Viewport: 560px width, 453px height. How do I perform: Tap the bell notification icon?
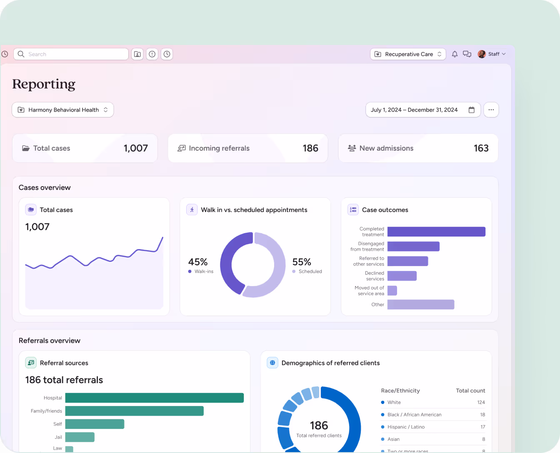[455, 54]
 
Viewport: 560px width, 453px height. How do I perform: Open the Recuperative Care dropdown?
[408, 54]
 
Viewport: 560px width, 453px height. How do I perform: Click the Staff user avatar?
[482, 54]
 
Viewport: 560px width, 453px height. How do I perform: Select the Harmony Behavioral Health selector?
[63, 110]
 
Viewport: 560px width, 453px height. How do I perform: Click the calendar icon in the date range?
[472, 110]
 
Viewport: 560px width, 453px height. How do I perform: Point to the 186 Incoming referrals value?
[310, 148]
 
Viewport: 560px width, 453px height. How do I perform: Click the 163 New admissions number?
[481, 148]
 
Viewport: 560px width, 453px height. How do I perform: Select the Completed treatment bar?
[436, 231]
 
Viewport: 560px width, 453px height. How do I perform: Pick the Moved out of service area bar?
[392, 291]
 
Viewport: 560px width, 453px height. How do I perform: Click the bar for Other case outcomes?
[421, 304]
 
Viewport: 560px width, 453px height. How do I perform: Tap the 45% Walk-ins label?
[198, 262]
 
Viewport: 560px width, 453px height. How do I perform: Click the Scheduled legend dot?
[294, 271]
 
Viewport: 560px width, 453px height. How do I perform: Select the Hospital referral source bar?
[154, 398]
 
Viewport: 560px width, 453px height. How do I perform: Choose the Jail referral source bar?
[80, 437]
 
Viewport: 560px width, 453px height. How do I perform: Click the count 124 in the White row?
[481, 402]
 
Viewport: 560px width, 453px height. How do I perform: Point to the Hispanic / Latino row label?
[406, 427]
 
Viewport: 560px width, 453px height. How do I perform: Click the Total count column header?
[470, 391]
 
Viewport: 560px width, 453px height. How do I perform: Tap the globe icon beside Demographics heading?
[272, 363]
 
